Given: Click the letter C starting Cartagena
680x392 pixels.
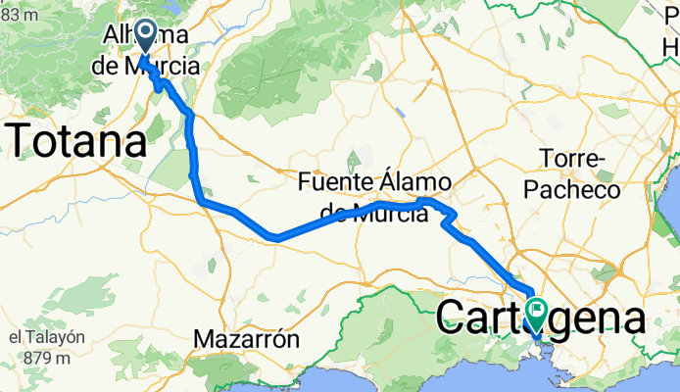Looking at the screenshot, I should (449, 318).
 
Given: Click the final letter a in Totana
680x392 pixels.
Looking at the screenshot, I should (135, 143).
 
